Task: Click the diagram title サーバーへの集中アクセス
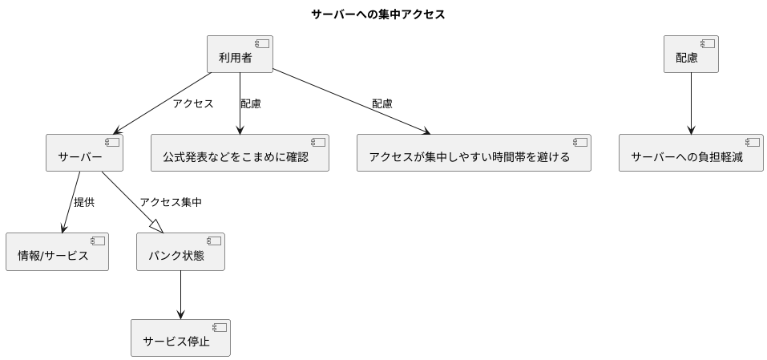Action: coord(377,14)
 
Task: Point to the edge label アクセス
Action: coord(193,103)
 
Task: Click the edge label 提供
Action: coord(84,202)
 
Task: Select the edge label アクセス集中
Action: coord(171,202)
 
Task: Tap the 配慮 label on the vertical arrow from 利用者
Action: coord(251,103)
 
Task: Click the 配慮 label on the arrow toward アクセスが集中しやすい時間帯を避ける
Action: coord(382,103)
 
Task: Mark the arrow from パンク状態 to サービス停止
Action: coord(180,294)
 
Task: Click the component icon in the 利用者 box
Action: coord(260,44)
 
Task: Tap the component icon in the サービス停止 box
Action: coord(219,327)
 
